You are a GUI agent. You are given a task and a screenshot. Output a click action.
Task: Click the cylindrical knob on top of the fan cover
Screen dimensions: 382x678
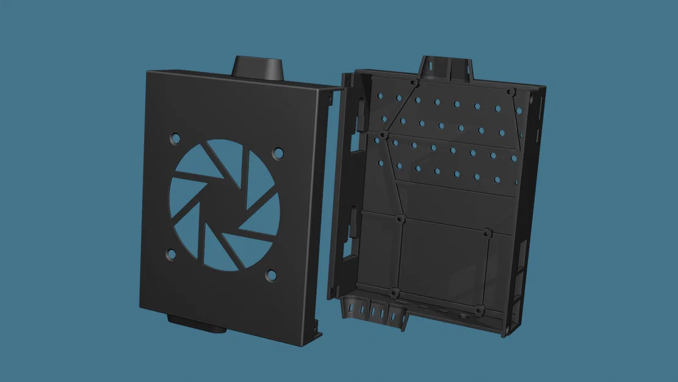[258, 67]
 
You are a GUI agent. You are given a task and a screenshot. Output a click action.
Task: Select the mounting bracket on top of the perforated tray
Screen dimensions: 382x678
[445, 68]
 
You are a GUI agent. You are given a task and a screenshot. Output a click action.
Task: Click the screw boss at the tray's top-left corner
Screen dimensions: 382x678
[414, 82]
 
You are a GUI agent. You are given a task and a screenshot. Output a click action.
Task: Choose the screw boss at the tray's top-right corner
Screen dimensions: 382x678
[511, 91]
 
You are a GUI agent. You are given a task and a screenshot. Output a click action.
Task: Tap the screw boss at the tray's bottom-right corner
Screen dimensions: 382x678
[480, 310]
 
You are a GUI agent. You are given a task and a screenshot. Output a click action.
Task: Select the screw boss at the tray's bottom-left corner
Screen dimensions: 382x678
[394, 293]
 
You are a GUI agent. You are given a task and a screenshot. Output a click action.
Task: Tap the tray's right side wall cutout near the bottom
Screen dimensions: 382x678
[519, 287]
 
